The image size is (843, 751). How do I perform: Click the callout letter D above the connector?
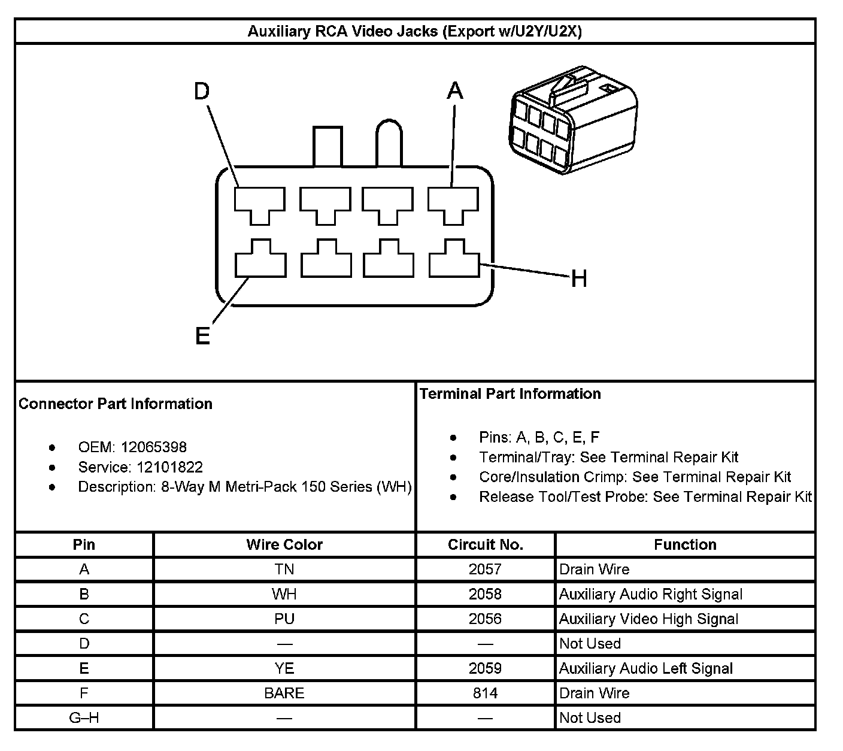[202, 92]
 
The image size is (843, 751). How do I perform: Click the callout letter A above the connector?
[455, 91]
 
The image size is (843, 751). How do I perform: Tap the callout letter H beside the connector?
[578, 278]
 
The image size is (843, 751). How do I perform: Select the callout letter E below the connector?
[203, 337]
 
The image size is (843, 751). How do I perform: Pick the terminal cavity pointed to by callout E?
[260, 261]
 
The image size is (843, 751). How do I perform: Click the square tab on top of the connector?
[327, 146]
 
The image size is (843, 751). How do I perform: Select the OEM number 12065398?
[153, 447]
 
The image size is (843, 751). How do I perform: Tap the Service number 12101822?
[169, 467]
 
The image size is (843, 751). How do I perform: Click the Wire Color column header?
[284, 544]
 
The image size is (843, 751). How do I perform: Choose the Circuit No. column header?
[486, 544]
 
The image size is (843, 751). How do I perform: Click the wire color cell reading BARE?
[284, 693]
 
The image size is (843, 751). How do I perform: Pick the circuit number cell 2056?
[486, 619]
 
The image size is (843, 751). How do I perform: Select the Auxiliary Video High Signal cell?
[648, 619]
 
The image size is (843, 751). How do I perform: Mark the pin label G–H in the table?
[84, 717]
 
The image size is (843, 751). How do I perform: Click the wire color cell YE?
[284, 668]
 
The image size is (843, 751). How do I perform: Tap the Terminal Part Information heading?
[510, 393]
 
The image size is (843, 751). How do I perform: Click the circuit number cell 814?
[486, 693]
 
